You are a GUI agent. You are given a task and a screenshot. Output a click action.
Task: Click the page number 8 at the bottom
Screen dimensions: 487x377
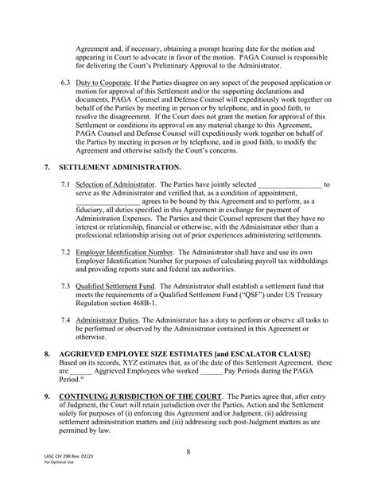click(x=188, y=454)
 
